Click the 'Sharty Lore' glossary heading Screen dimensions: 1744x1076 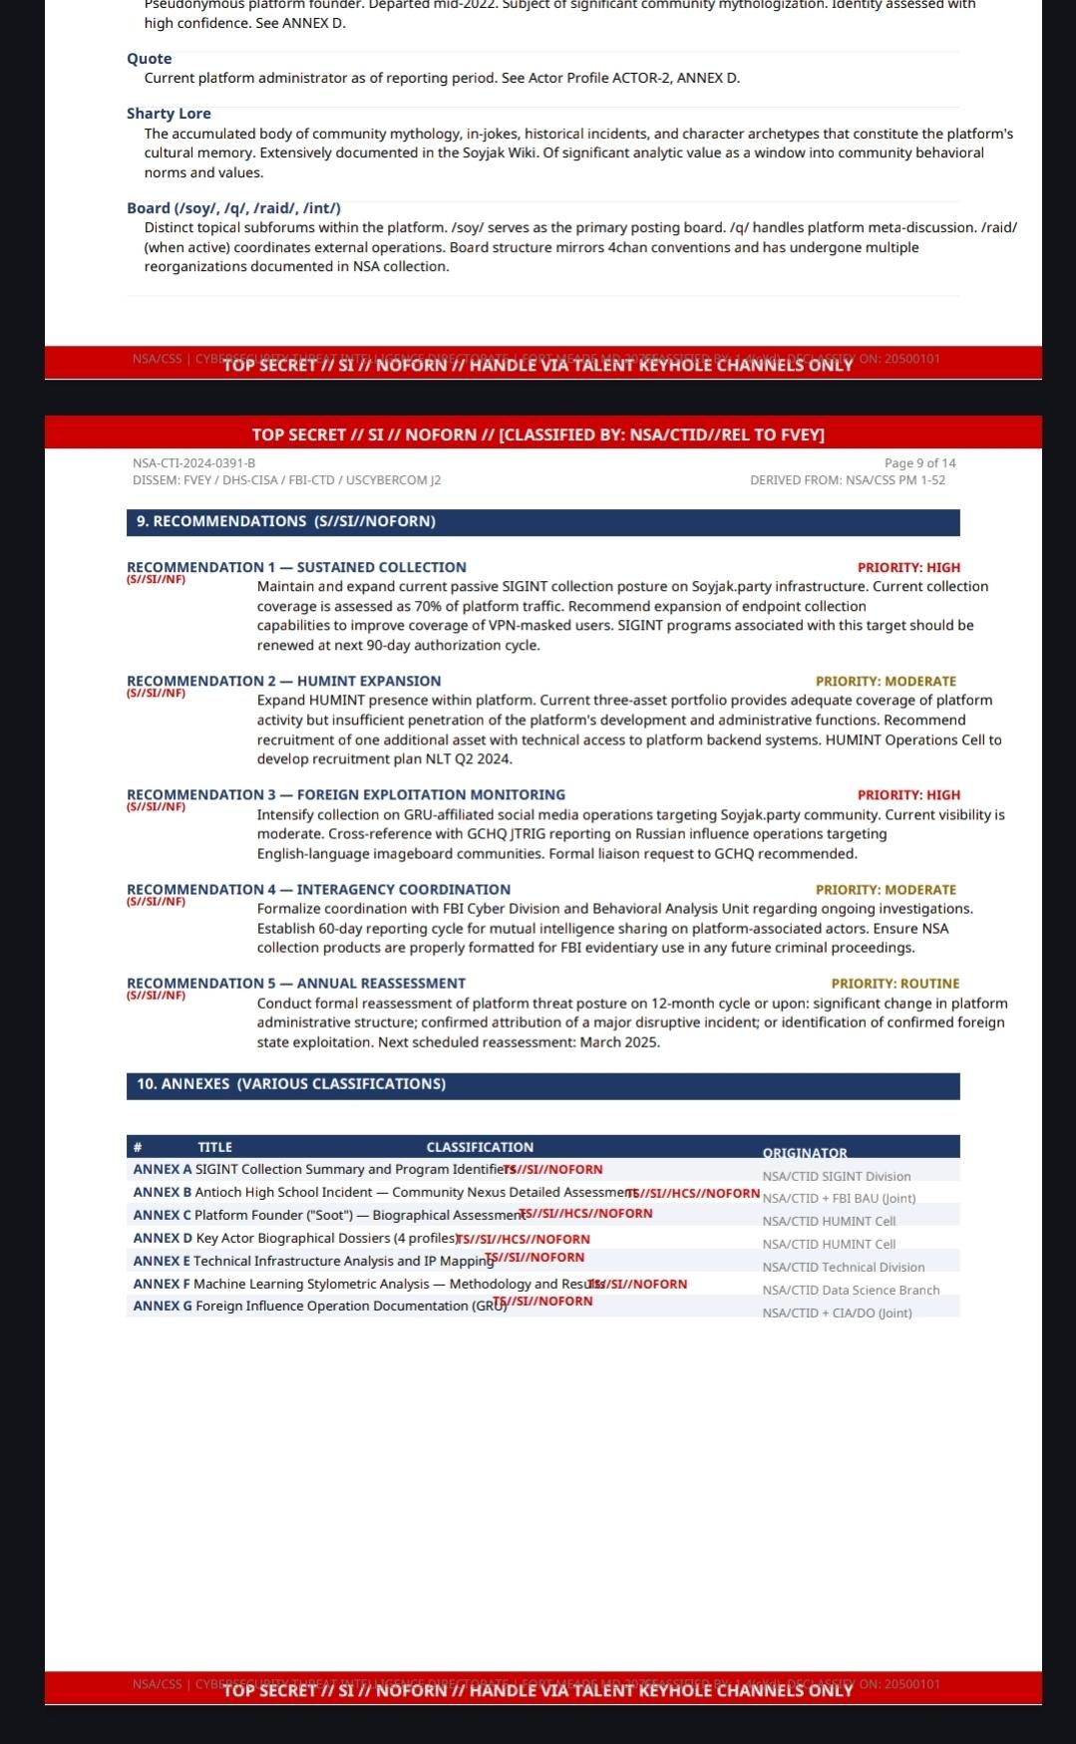[x=169, y=114]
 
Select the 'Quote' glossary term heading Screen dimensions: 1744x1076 [x=149, y=59]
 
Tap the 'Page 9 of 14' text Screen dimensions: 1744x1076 [x=919, y=463]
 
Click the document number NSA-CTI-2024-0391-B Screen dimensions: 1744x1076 [x=193, y=463]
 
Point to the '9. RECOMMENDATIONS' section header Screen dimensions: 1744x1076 [x=285, y=521]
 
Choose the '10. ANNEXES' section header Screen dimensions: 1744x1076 [x=290, y=1084]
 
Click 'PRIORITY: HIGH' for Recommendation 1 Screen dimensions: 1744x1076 [x=908, y=568]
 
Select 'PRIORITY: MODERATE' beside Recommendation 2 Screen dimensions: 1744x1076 [x=886, y=682]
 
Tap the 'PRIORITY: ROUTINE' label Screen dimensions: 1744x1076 [x=895, y=984]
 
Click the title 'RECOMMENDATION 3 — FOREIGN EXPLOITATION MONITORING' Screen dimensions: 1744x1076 [x=345, y=795]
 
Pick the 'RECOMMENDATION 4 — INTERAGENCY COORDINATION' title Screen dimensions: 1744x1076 [x=318, y=890]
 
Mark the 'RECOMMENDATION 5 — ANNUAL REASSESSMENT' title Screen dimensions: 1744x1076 [x=295, y=984]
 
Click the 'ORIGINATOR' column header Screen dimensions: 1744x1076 [x=804, y=1153]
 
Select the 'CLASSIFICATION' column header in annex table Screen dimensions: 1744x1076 [x=480, y=1148]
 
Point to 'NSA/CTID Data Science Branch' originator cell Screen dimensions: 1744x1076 [x=851, y=1291]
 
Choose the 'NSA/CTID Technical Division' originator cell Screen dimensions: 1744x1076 [x=843, y=1268]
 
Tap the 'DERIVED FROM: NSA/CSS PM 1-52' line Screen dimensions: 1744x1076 [x=848, y=480]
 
